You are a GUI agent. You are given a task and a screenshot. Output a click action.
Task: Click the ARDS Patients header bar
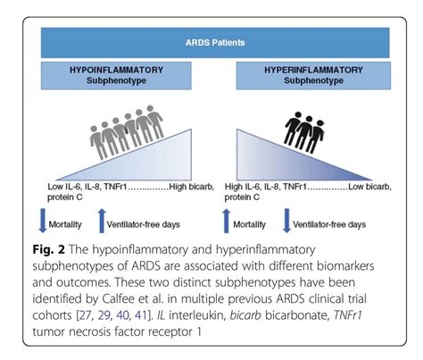click(211, 42)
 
